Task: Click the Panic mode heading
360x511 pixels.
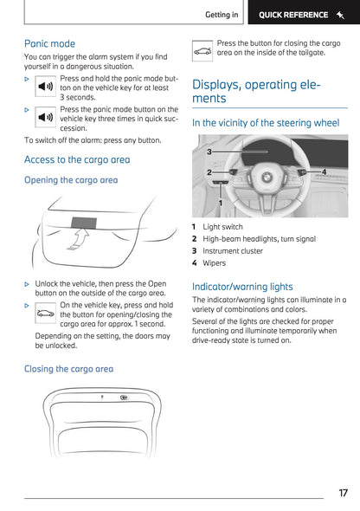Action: point(49,43)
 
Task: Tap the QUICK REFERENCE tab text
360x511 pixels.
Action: point(295,15)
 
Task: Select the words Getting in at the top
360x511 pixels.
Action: point(222,15)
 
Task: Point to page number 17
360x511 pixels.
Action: point(343,493)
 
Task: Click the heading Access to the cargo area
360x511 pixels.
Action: point(77,159)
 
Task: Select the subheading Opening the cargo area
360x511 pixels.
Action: point(71,180)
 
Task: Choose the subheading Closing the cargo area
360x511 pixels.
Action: point(68,369)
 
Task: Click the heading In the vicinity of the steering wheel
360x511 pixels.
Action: point(265,124)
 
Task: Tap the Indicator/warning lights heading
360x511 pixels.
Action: point(241,287)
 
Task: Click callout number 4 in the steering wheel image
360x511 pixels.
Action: point(324,171)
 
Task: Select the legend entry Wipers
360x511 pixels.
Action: point(215,262)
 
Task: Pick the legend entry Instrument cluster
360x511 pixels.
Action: point(235,250)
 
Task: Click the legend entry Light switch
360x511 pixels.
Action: point(222,227)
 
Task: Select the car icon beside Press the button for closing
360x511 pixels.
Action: point(202,51)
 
